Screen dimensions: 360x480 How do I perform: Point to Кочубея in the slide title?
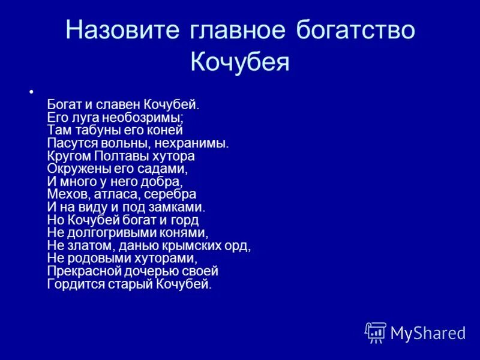[240, 62]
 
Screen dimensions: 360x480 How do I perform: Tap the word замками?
[179, 208]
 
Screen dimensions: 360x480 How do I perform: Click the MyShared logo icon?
[376, 332]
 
